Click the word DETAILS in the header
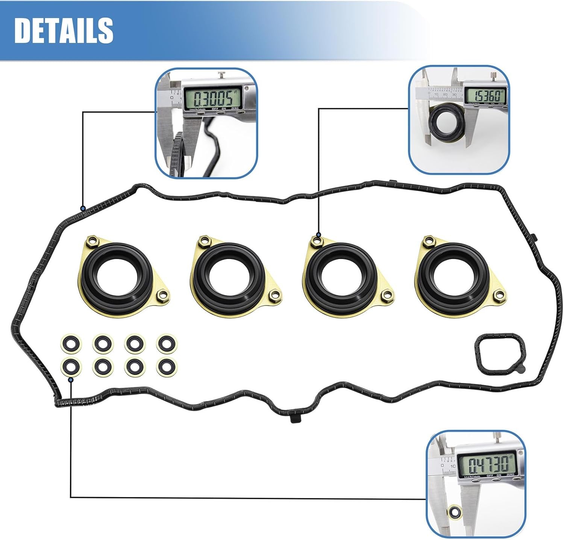64,30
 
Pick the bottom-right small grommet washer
167,365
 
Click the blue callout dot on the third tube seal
318,235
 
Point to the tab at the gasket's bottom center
296,418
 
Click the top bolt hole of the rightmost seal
428,239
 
